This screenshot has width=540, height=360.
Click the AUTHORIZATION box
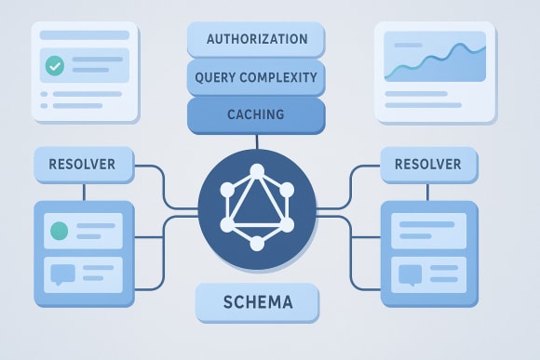[256, 40]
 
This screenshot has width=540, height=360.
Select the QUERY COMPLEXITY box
[256, 77]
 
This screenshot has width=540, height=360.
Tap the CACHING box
[256, 114]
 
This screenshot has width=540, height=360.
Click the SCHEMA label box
[257, 302]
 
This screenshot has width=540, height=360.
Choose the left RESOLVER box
[85, 165]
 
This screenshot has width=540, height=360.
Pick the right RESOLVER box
[427, 165]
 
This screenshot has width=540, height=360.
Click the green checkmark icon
[54, 67]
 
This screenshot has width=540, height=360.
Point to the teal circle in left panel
[61, 230]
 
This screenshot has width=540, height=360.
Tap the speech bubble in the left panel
[61, 274]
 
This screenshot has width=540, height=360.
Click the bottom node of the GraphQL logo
[257, 244]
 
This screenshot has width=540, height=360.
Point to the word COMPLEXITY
[278, 77]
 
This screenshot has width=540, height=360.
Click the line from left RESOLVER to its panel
[85, 190]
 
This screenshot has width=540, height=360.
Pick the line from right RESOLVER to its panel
[427, 190]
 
